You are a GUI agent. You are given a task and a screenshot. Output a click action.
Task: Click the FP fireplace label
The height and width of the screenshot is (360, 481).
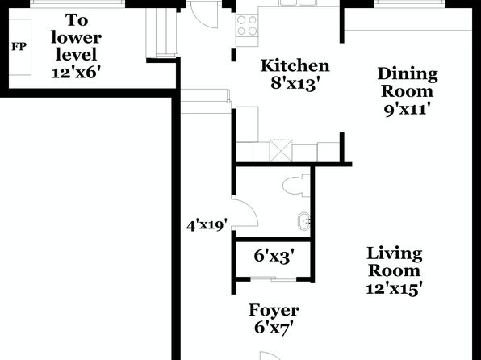click(x=19, y=47)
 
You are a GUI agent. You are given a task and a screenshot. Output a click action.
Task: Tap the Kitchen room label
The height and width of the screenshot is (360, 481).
click(x=295, y=65)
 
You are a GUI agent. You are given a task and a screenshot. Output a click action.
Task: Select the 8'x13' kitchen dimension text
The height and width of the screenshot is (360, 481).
click(x=297, y=83)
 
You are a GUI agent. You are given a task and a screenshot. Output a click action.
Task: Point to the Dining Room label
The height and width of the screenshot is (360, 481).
click(x=408, y=82)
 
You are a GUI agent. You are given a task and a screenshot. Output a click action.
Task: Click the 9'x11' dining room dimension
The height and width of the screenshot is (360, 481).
click(x=406, y=109)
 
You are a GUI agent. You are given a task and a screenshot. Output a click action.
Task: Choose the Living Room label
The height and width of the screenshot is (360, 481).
click(x=395, y=262)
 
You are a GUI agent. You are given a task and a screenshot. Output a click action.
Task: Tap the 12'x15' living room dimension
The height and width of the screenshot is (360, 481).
click(x=395, y=289)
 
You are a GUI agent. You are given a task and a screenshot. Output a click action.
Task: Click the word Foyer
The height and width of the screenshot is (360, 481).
click(x=274, y=312)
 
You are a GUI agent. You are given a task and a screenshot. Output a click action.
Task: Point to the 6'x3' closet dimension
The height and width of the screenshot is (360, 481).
click(x=274, y=256)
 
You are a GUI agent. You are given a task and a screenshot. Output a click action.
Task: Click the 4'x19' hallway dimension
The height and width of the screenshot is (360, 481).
click(x=207, y=225)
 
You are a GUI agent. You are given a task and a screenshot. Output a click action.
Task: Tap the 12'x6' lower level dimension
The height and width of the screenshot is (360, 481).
click(x=76, y=73)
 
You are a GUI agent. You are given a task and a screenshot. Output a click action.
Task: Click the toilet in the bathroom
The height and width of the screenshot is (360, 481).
click(x=296, y=186)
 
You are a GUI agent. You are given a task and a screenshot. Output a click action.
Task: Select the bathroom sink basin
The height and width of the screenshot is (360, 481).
click(x=303, y=220)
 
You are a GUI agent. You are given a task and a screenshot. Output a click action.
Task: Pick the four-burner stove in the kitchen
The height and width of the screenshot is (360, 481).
click(x=247, y=26)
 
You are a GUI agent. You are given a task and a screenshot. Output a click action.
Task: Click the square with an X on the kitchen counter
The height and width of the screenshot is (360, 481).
click(x=281, y=150)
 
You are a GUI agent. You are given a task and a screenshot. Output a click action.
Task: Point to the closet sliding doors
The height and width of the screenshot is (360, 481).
click(x=274, y=279)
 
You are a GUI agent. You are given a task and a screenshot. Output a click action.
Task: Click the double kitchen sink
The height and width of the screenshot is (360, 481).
click(x=299, y=3)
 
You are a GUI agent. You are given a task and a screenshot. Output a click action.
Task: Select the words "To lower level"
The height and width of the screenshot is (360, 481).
click(x=77, y=38)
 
